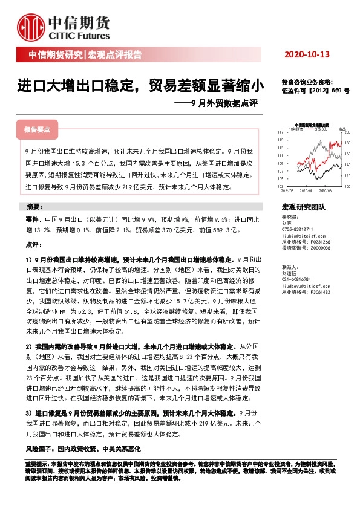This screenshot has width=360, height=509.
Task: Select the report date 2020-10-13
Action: click(307, 55)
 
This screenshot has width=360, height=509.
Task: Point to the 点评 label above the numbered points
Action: click(33, 245)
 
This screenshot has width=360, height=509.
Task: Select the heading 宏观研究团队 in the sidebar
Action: click(304, 207)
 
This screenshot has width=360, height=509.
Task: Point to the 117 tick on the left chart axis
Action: click(280, 131)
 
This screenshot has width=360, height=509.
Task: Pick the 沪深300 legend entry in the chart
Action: click(321, 128)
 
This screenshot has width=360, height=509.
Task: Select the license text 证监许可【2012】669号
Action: click(315, 91)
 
